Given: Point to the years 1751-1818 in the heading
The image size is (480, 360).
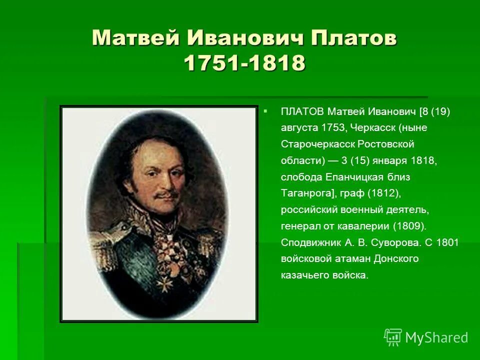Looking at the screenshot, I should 244,63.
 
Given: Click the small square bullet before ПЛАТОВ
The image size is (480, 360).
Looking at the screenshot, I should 265,109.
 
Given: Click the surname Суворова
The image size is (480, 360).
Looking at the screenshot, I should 388,242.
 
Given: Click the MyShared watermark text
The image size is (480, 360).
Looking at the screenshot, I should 436,338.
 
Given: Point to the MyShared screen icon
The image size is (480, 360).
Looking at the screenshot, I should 393,337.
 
